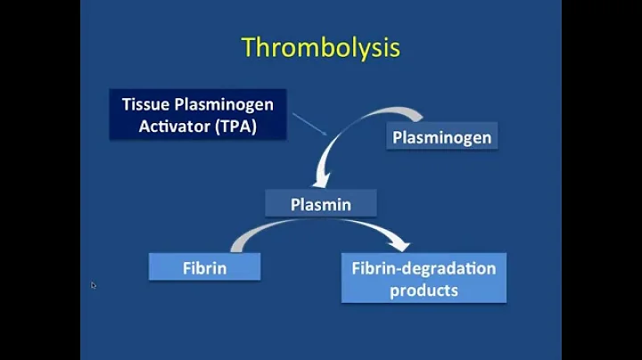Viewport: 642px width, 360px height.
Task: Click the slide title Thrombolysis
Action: tap(321, 48)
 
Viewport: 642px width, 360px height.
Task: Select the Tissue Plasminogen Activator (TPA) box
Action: tap(197, 115)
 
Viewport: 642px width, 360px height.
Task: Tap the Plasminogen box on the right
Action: tap(441, 138)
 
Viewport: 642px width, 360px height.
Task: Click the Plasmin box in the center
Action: tap(321, 204)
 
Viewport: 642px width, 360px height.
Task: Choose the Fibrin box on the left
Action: tap(205, 266)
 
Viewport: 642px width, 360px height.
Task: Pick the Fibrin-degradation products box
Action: tap(424, 278)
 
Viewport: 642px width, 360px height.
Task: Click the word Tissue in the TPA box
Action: tap(146, 104)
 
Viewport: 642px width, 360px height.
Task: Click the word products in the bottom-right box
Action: tap(424, 290)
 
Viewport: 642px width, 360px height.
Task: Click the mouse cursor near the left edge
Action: tap(93, 285)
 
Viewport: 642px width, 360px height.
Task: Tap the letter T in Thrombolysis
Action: tap(250, 48)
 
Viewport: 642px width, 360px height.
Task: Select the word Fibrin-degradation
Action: tap(424, 267)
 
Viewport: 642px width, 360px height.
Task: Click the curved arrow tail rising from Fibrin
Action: tap(245, 235)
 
